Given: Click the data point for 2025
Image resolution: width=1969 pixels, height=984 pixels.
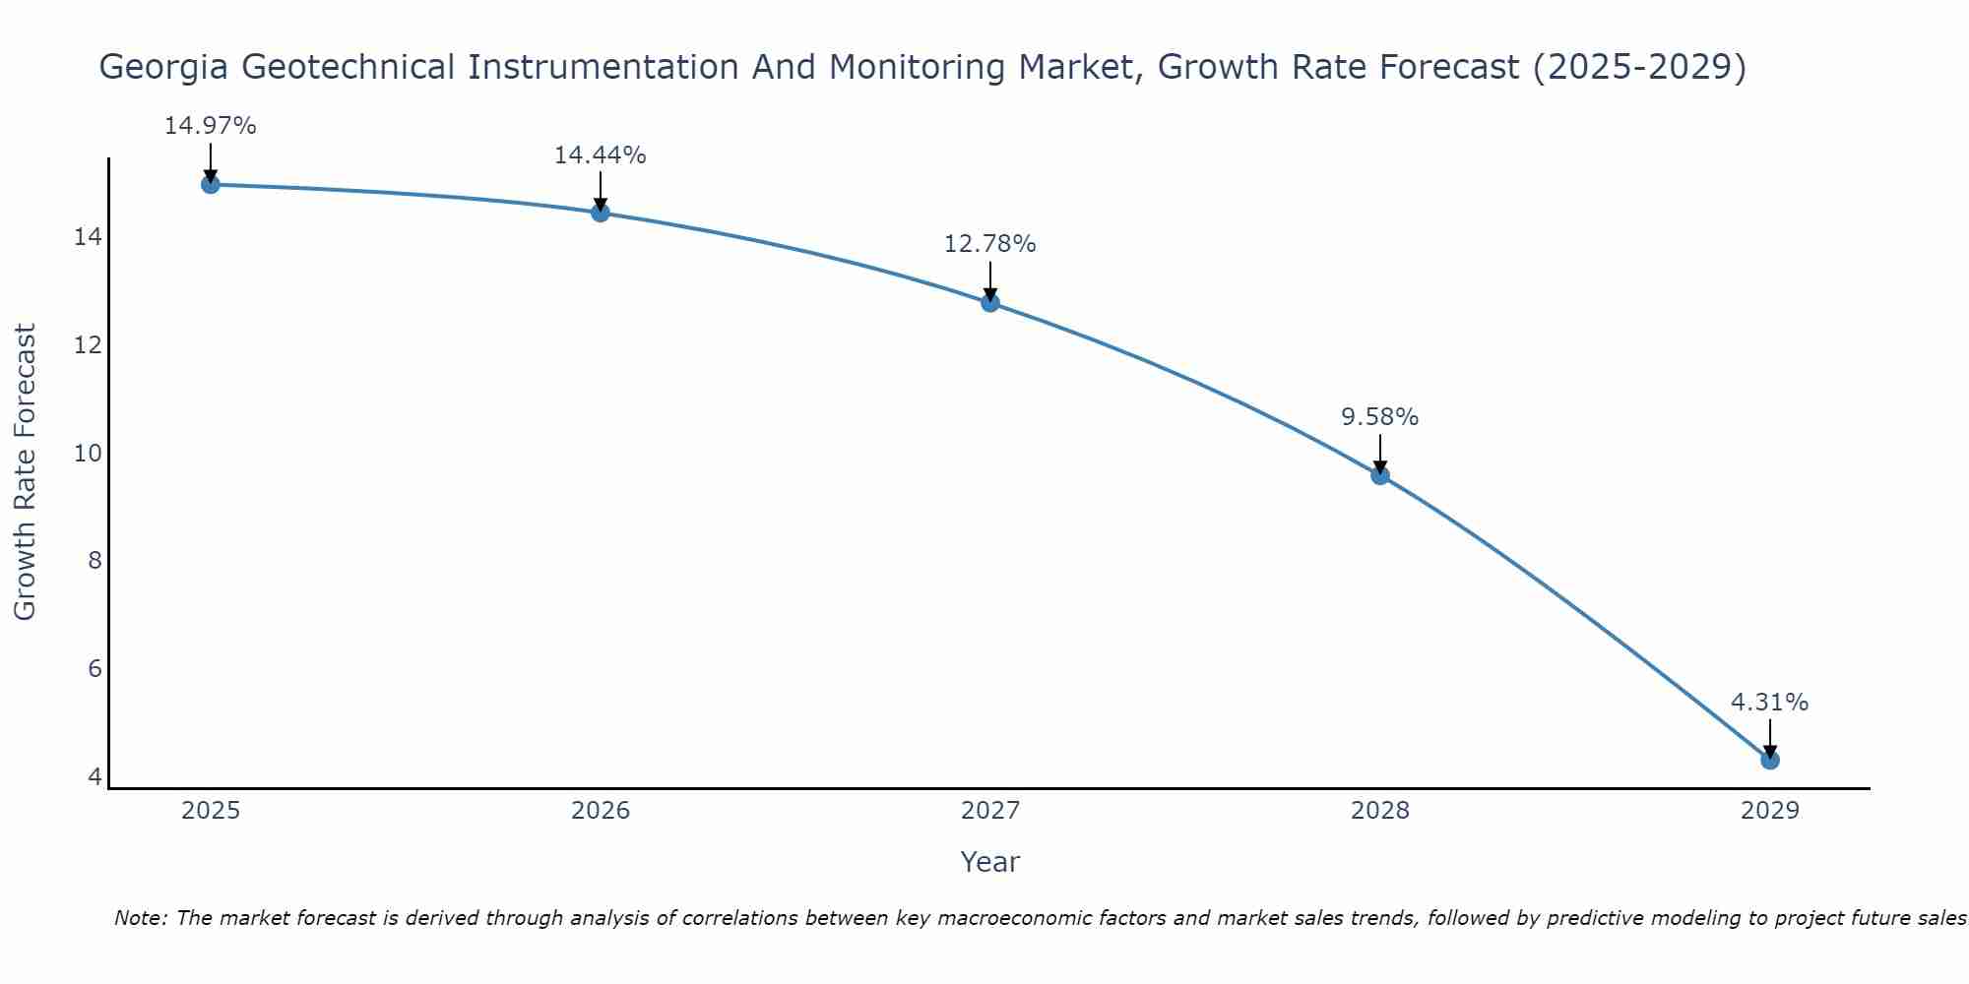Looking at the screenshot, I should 211,184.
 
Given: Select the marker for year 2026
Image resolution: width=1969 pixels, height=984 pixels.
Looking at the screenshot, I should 601,213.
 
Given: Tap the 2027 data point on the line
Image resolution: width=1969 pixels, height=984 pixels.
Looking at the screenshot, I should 990,302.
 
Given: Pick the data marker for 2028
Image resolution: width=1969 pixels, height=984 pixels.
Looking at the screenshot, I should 1380,475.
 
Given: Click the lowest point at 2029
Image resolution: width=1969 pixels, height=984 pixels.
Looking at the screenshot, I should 1770,760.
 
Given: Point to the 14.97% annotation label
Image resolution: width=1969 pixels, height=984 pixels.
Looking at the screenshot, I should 210,126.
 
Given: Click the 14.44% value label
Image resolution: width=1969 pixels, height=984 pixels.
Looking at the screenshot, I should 600,155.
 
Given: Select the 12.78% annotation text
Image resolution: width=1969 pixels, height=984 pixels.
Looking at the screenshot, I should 989,244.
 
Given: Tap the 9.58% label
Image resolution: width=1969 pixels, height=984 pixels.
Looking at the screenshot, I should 1379,417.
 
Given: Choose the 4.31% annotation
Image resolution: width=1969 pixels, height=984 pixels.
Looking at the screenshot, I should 1769,703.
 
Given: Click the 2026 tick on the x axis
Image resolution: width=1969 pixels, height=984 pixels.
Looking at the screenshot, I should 601,811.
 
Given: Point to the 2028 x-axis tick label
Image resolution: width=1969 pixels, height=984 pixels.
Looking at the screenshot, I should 1380,811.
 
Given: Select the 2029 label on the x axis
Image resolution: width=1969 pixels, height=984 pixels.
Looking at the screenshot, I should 1770,811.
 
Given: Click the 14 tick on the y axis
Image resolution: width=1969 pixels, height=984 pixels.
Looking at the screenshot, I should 89,237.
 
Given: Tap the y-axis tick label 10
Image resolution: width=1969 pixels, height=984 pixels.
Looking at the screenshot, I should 89,454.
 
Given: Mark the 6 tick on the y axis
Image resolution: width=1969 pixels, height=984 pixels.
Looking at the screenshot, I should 95,669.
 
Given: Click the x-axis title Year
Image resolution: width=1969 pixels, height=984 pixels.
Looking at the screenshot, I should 989,862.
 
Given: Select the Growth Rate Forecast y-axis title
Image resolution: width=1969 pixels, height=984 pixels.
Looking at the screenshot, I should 26,472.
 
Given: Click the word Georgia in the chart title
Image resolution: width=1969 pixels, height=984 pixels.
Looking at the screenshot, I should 163,68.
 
